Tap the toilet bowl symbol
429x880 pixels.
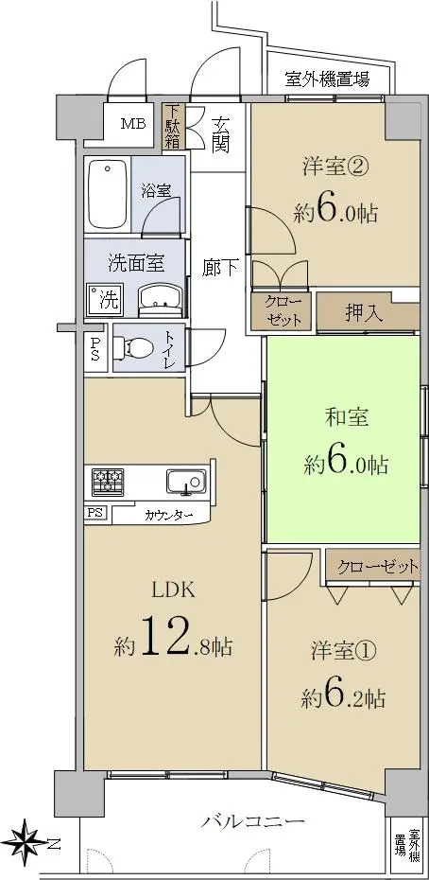point(132,348)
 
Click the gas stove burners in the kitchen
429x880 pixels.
point(109,481)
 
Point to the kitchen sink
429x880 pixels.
point(186,481)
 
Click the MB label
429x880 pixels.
point(134,123)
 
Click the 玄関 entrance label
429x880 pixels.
point(220,136)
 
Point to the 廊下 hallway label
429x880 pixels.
point(220,269)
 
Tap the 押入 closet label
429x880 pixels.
point(365,313)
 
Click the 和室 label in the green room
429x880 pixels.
point(347,417)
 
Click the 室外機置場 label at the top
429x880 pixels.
point(327,79)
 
